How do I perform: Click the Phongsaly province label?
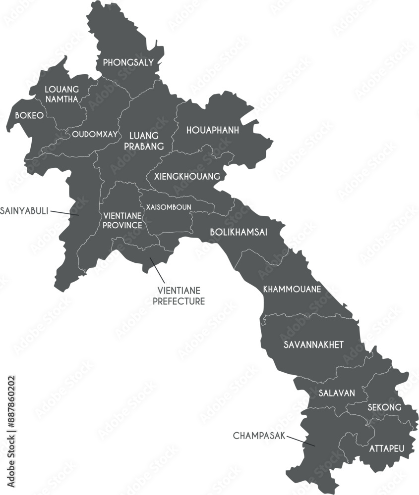(x=128, y=63)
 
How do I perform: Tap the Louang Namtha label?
(x=61, y=94)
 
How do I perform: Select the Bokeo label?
(x=29, y=115)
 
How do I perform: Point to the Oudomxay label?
(x=95, y=134)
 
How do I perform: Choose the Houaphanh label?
(x=212, y=130)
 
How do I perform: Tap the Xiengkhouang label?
(x=187, y=176)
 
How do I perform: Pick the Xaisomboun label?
(x=169, y=207)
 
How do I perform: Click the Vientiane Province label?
(x=122, y=221)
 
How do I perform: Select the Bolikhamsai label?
(x=239, y=232)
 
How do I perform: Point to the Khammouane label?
(x=292, y=289)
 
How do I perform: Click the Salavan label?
(x=337, y=393)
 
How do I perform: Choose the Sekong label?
(x=384, y=407)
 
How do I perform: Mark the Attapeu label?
(x=387, y=448)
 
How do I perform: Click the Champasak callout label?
(x=259, y=436)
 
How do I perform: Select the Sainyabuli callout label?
(x=24, y=210)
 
